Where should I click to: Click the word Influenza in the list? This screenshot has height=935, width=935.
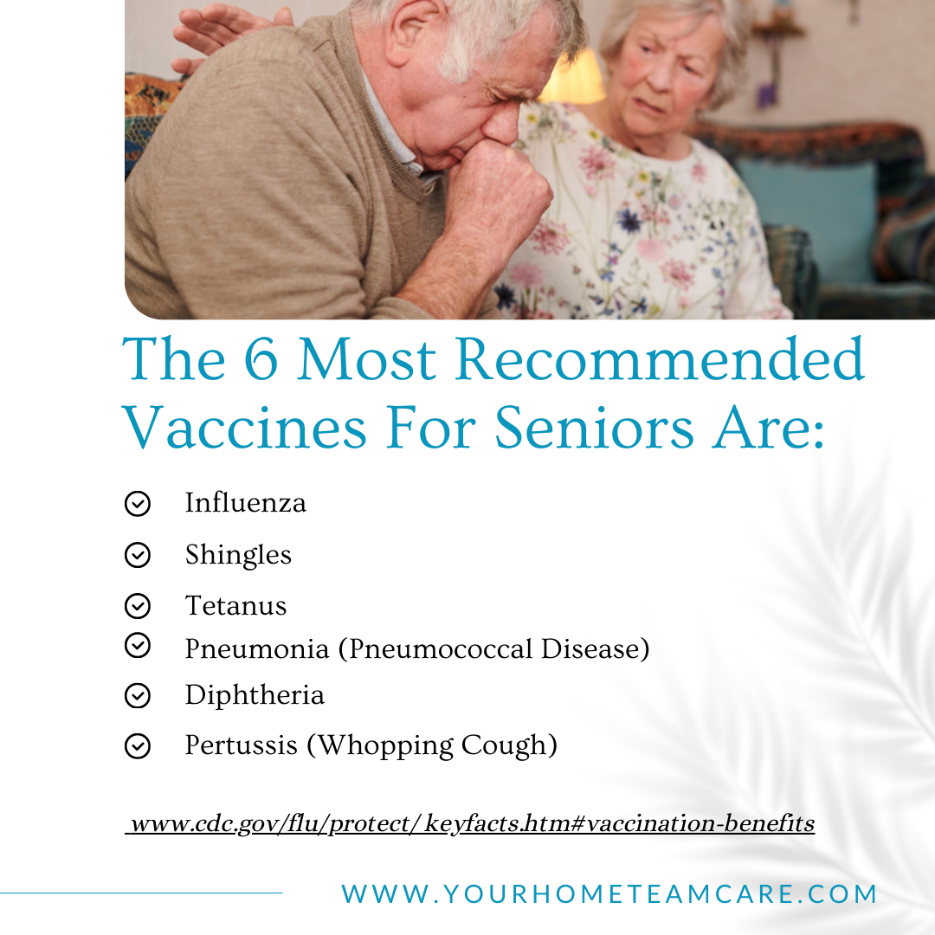pos(245,503)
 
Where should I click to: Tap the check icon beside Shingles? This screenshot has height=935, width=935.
pos(137,555)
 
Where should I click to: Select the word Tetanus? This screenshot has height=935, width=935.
pos(235,605)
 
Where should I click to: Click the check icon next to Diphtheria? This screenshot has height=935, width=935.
pos(137,695)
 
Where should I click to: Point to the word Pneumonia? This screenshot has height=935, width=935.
pos(256,648)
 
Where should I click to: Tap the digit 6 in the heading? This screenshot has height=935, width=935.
pos(261,359)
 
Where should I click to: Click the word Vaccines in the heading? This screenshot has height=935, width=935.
pos(244,427)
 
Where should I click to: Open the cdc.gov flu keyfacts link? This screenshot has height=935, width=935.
pos(470,823)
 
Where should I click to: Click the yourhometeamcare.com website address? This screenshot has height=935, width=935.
pos(609,893)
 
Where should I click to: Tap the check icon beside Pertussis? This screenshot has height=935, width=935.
pos(137,745)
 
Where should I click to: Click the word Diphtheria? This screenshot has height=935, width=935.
pos(255,695)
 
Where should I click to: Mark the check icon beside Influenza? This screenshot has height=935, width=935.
pos(137,503)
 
